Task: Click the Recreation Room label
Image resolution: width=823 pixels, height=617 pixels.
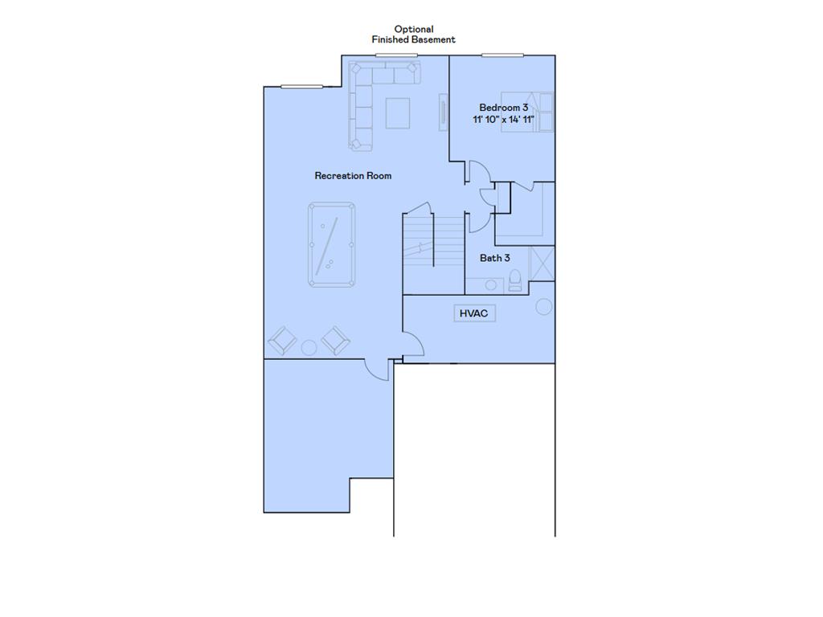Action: coord(353,175)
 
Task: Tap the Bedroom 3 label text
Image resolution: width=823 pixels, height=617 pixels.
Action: coord(503,107)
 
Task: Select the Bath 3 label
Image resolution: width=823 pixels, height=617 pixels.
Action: coord(494,258)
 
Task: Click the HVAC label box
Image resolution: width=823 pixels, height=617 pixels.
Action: coord(473,313)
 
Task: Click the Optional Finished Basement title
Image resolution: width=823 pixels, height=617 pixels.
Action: coord(413,35)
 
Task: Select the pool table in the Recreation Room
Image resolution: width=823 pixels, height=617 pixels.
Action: coord(331,243)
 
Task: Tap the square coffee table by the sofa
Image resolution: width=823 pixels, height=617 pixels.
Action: coord(397,112)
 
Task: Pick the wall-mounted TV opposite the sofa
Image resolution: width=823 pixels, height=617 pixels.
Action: coord(442,111)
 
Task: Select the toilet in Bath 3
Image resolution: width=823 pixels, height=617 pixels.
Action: coord(515,280)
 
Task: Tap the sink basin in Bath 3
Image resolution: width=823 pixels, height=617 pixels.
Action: coord(490,284)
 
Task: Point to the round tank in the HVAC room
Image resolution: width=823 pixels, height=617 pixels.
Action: coord(543,306)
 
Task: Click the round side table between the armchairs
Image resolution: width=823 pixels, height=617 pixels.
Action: coord(309,347)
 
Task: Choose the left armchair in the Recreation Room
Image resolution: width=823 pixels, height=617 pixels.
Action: coord(282,341)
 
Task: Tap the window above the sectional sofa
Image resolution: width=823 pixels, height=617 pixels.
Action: coord(396,55)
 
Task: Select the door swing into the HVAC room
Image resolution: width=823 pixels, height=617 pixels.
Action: coord(412,345)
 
